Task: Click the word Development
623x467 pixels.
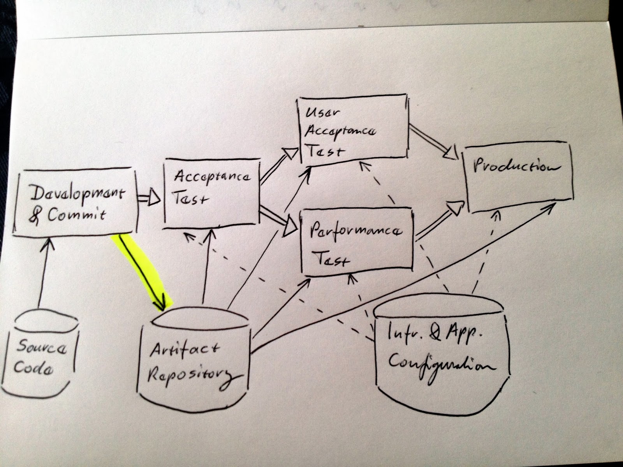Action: click(78, 194)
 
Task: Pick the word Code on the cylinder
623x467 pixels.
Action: click(33, 369)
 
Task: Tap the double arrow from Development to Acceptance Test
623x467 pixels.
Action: click(149, 198)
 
